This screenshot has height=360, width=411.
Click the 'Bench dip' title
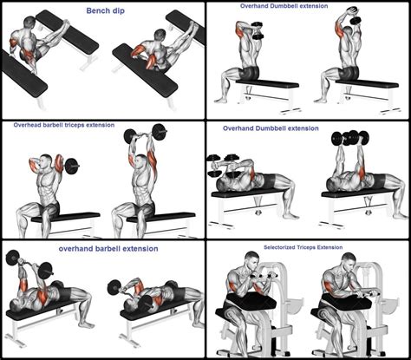pos(105,11)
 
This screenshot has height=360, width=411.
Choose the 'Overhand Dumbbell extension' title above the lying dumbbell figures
pos(271,128)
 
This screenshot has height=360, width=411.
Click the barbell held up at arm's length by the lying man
pos(17,258)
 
